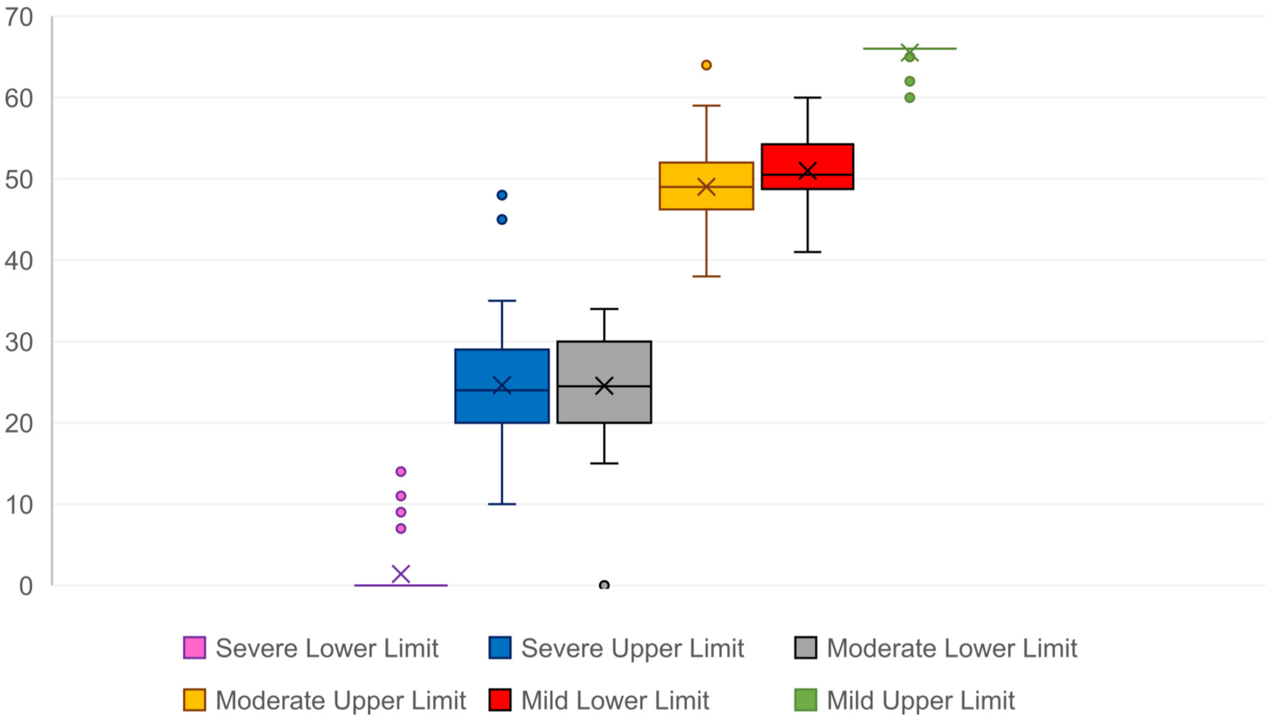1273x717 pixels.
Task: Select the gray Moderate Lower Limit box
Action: click(x=604, y=382)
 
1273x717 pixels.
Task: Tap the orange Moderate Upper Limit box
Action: click(x=706, y=186)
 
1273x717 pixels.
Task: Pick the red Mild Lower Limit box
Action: click(x=808, y=167)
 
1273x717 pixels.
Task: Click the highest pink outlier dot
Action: click(x=401, y=471)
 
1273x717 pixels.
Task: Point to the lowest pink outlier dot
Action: click(x=401, y=529)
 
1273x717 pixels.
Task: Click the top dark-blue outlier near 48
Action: click(x=502, y=195)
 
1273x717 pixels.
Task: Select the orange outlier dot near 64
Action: click(x=706, y=65)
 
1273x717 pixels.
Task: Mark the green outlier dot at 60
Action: click(x=909, y=98)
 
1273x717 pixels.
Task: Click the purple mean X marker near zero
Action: click(x=401, y=574)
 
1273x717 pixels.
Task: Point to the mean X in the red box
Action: click(x=808, y=171)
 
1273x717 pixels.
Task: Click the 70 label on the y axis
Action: click(x=19, y=18)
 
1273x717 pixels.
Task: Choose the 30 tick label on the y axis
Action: click(x=19, y=342)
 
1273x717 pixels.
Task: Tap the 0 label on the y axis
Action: click(x=26, y=586)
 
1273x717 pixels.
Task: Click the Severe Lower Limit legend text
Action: click(x=327, y=648)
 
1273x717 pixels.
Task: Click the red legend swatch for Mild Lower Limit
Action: click(x=500, y=700)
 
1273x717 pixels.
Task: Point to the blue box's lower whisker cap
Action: click(x=502, y=504)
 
